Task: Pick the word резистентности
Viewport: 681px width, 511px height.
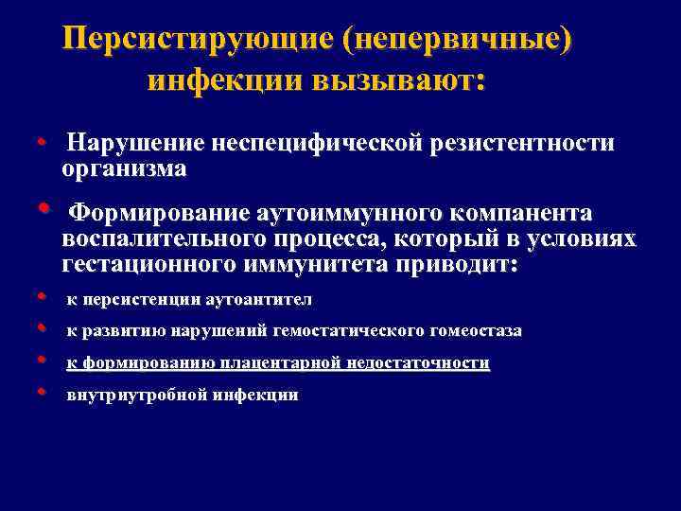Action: tap(522, 144)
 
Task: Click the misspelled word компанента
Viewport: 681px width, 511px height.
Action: tap(513, 210)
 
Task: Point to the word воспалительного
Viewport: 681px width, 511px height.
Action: tap(163, 238)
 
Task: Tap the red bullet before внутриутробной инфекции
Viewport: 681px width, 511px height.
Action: tap(43, 393)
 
